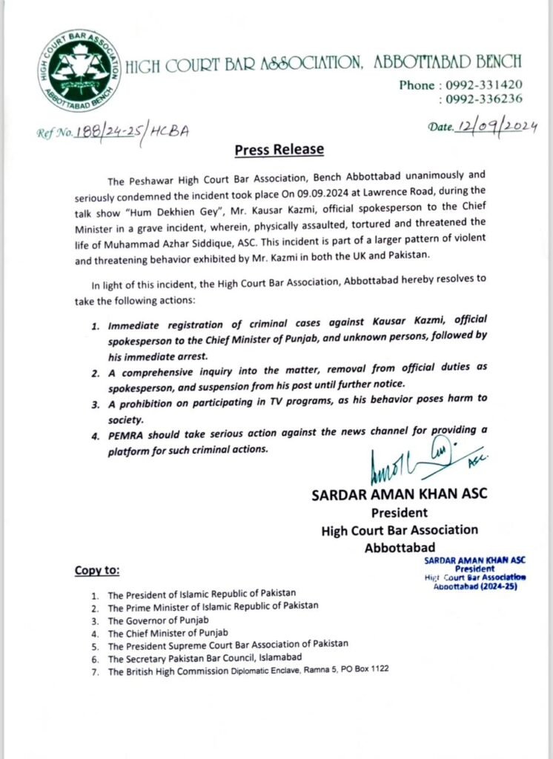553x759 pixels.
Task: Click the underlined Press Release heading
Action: point(279,149)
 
